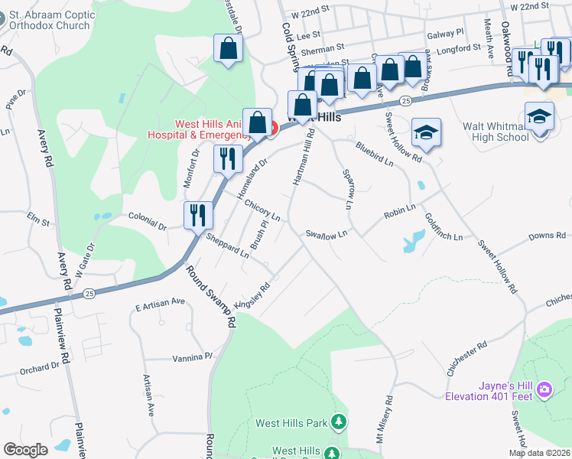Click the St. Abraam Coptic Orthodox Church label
[53, 19]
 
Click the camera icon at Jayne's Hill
[544, 390]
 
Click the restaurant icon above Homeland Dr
[227, 158]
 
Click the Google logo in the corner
[25, 450]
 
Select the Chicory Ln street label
[262, 210]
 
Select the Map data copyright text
[539, 453]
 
